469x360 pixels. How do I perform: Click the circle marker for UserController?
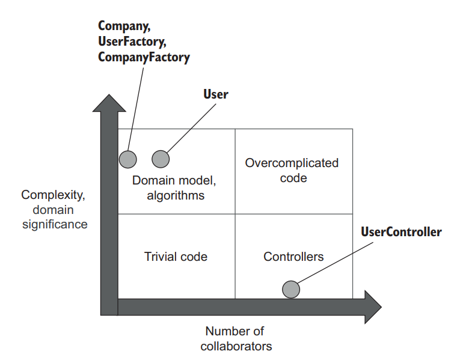click(291, 289)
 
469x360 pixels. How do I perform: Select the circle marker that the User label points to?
click(161, 159)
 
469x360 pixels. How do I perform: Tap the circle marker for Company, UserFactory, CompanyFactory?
click(127, 159)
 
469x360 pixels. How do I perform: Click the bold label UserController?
click(401, 231)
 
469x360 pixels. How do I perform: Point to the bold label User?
click(216, 94)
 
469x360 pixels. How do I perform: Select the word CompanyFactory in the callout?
click(144, 58)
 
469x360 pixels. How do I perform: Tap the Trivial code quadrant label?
click(176, 257)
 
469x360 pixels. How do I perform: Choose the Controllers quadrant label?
click(293, 257)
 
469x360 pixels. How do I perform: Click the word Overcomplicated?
click(292, 163)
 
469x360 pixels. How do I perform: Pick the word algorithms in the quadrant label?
click(176, 195)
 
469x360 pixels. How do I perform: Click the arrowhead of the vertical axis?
click(109, 103)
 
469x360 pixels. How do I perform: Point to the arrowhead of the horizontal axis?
click(372, 307)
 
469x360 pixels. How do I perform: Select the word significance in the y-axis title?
click(55, 225)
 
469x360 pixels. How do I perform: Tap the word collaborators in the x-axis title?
click(236, 346)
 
